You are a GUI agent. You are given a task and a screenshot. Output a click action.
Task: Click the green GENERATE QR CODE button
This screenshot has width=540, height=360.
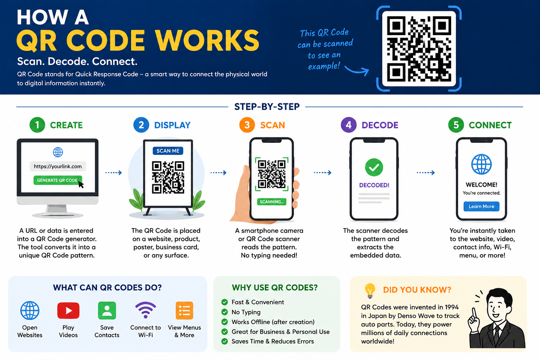tap(58, 180)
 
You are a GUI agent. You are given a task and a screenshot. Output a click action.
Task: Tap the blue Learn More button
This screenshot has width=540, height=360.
tap(481, 206)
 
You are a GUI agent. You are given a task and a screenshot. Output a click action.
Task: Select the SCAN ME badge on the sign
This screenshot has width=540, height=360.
tap(168, 151)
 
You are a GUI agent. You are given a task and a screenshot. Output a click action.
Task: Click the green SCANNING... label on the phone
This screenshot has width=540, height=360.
tap(271, 201)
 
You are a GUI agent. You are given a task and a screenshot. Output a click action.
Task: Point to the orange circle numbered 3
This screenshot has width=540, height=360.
tap(247, 125)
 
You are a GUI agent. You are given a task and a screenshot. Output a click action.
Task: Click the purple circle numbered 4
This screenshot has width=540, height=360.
tap(349, 125)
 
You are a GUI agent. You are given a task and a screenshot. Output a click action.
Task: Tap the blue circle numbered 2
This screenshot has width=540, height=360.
tap(141, 125)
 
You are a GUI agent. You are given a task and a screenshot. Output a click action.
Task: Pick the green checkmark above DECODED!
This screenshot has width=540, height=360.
tap(374, 167)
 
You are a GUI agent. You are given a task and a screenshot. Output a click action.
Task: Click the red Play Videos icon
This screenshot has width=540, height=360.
tap(68, 310)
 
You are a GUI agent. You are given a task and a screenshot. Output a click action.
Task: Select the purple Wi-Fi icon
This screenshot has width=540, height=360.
tap(145, 310)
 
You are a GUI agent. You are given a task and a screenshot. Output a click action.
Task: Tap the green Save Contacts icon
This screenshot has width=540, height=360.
tap(107, 310)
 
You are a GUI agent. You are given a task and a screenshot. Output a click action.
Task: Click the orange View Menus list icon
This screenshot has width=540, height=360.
tap(185, 310)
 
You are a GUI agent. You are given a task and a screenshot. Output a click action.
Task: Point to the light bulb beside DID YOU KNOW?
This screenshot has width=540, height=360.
tap(370, 290)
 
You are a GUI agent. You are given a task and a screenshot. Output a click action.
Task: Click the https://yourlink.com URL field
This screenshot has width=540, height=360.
tap(58, 166)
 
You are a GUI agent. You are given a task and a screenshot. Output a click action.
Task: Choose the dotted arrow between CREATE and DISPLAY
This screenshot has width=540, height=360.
tap(114, 173)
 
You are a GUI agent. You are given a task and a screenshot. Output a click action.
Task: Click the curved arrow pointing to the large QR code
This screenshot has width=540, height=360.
tap(357, 70)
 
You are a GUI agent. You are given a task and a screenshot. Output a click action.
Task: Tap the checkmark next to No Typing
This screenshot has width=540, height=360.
tap(224, 312)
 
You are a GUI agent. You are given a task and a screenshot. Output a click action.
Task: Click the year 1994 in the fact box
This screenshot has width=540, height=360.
tap(451, 307)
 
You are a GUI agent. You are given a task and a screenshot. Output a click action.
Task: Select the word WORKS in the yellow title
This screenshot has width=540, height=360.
tap(207, 40)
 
